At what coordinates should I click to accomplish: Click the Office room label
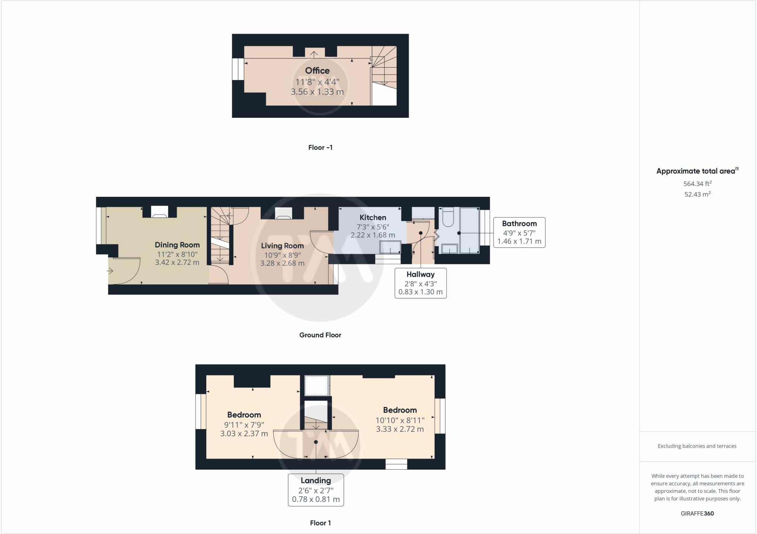click(x=317, y=71)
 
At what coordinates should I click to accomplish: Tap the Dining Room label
click(x=177, y=245)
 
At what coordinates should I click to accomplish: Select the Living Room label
click(x=282, y=246)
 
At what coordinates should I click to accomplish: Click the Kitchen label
click(x=373, y=218)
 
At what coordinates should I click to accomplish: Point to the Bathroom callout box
click(x=519, y=232)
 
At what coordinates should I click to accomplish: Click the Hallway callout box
click(x=421, y=283)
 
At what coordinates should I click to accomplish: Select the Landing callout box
click(x=316, y=490)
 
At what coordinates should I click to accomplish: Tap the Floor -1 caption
click(x=320, y=147)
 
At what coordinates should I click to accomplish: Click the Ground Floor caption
click(x=320, y=335)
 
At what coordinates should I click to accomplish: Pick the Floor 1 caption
click(x=320, y=523)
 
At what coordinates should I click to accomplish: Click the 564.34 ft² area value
click(x=697, y=184)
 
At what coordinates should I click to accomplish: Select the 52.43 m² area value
click(x=697, y=194)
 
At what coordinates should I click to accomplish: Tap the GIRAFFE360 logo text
click(x=697, y=513)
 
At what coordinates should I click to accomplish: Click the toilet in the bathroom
click(x=448, y=218)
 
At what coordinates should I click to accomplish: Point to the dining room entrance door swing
click(x=125, y=271)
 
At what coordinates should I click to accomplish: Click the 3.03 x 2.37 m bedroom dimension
click(x=244, y=434)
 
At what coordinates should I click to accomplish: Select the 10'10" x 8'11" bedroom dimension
click(x=400, y=420)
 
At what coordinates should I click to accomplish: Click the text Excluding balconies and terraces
click(x=697, y=446)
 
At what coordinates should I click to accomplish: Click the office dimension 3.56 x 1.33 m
click(x=317, y=92)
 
